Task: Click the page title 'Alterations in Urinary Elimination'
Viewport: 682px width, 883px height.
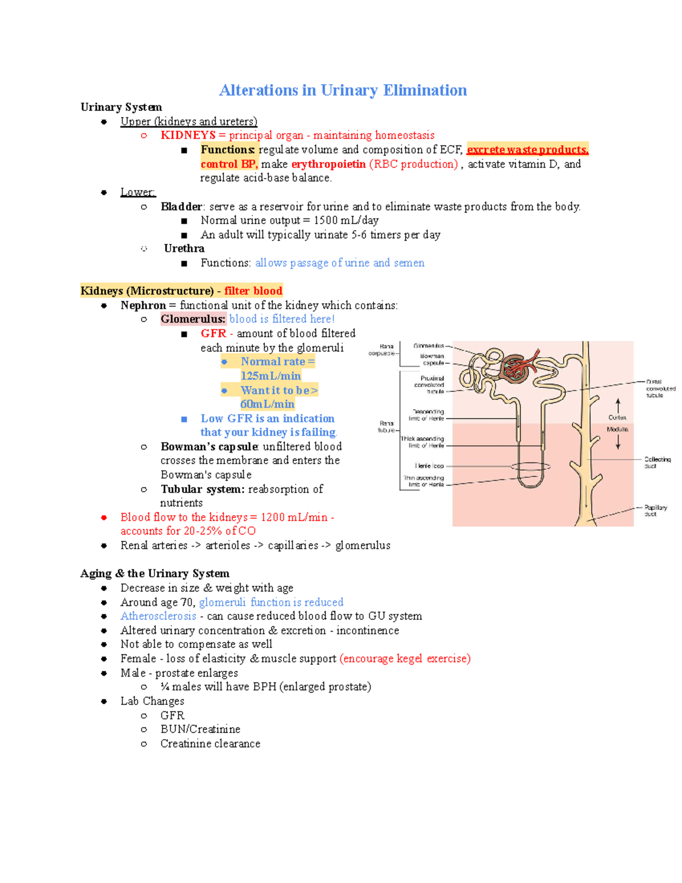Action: tap(343, 90)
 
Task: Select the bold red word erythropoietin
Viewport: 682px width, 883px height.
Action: tap(328, 164)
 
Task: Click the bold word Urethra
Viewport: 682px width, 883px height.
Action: tap(184, 248)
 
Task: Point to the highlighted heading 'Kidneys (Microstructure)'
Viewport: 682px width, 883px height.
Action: tap(147, 291)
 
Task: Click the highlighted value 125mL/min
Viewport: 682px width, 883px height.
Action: tap(271, 376)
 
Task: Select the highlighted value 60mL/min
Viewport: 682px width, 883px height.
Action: tap(267, 404)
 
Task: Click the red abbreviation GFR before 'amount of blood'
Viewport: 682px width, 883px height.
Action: tap(213, 334)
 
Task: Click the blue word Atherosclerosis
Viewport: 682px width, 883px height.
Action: tap(158, 616)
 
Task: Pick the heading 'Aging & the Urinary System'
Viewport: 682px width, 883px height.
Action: tap(155, 574)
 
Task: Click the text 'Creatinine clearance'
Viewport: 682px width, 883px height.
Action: tap(210, 744)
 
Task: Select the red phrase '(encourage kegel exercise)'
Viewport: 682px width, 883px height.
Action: tap(405, 659)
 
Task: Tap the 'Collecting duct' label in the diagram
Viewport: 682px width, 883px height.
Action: tap(657, 462)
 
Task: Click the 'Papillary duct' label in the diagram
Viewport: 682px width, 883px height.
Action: tap(655, 511)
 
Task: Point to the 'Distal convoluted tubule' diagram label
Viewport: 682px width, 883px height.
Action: tap(660, 388)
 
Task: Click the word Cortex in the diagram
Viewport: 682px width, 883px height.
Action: tap(617, 417)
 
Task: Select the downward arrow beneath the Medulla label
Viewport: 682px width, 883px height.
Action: tap(618, 443)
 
